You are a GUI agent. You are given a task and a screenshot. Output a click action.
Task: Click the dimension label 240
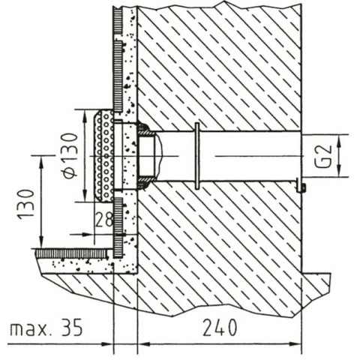click(220, 327)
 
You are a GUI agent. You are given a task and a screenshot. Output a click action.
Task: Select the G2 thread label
click(323, 156)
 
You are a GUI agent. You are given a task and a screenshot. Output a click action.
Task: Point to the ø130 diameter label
click(70, 156)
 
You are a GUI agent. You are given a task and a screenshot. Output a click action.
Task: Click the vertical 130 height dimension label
click(26, 205)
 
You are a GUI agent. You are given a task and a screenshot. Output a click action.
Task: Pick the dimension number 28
click(103, 220)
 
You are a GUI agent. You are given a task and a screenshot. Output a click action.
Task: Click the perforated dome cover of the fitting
click(103, 156)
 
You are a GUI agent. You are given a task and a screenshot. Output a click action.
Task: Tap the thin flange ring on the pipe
click(197, 156)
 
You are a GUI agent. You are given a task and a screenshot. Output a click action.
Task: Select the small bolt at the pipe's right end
click(301, 185)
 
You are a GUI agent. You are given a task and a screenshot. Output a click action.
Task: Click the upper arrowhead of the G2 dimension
click(339, 140)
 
